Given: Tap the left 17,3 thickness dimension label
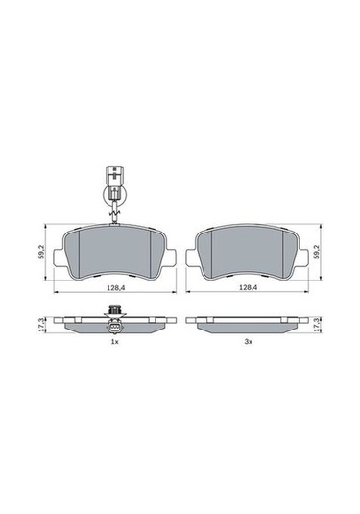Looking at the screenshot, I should [x=40, y=327].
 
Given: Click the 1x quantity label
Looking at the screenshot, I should [x=114, y=342].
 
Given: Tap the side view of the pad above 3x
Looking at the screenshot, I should [x=247, y=326].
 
